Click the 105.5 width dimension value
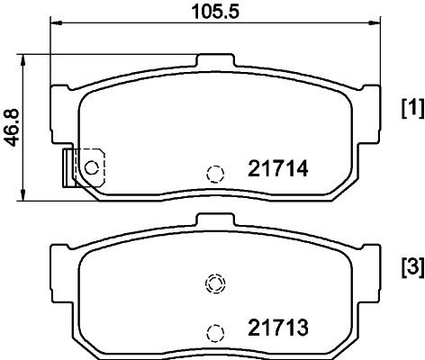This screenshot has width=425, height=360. coord(215,12)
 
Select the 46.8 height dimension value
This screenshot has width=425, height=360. coord(13,128)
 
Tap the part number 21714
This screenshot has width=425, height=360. coord(278,168)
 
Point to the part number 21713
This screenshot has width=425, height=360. coord(278,328)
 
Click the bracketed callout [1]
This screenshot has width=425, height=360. coord(413,108)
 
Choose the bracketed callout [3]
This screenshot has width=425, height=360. coord(413,266)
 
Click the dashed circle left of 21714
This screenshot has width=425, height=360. coord(215,174)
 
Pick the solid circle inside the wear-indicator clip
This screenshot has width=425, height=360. coord(92,167)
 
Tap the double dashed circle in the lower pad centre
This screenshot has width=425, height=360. coord(215,283)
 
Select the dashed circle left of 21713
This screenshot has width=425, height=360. coord(215,333)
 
